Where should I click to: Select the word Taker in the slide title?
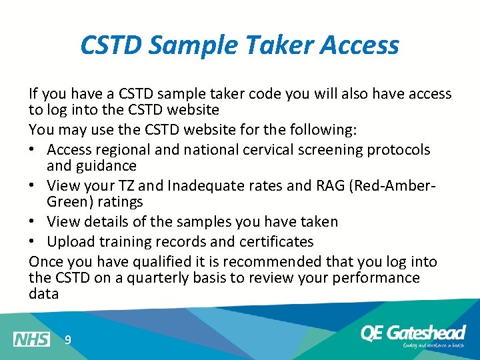[x=277, y=45]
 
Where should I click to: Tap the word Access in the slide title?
[x=360, y=45]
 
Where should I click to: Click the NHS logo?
[x=31, y=339]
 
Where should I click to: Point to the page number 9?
[x=67, y=340]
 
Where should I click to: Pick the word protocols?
[x=399, y=150]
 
